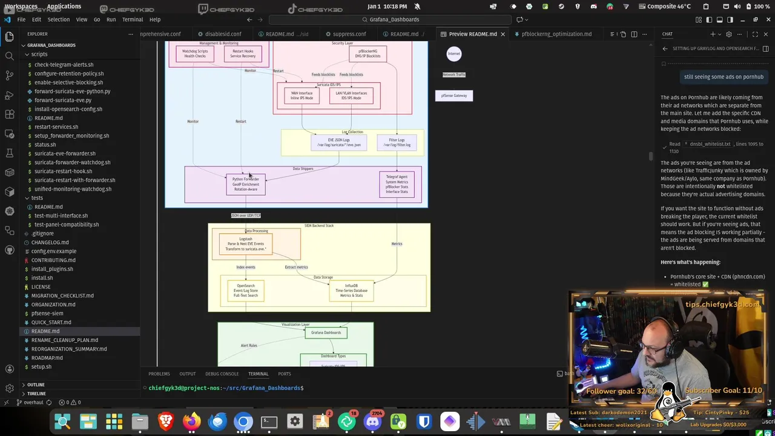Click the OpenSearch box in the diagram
click(x=246, y=290)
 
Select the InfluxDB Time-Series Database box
click(x=351, y=291)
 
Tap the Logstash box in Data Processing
click(x=246, y=244)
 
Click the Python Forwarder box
click(x=246, y=184)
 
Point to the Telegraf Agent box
click(x=397, y=184)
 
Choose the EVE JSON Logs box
click(x=338, y=142)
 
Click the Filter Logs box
click(x=397, y=142)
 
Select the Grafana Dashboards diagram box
click(x=326, y=332)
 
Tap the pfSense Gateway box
click(x=453, y=96)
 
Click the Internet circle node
click(x=453, y=54)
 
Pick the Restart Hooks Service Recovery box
click(x=243, y=54)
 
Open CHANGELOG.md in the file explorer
click(x=50, y=242)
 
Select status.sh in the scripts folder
click(x=45, y=145)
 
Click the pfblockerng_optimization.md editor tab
click(x=556, y=34)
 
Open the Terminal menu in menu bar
click(x=132, y=19)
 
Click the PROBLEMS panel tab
click(x=159, y=374)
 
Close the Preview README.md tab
click(x=503, y=34)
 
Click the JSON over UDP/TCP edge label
click(x=246, y=216)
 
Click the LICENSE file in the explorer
click(x=41, y=286)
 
